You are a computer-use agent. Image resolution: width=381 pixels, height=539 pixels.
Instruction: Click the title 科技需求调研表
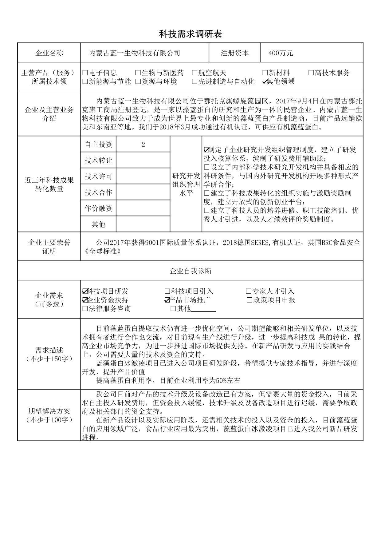click(190, 34)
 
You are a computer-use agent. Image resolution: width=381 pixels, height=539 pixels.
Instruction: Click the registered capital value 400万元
click(281, 53)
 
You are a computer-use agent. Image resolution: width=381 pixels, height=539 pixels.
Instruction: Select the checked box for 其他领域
click(265, 81)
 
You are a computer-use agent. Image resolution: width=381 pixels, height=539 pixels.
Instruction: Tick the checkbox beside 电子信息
click(85, 73)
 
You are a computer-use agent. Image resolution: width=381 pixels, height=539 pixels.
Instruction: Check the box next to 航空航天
click(194, 73)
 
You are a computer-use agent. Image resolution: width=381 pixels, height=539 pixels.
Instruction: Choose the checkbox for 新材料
click(265, 73)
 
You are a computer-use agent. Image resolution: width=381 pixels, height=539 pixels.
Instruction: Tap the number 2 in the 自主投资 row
click(143, 145)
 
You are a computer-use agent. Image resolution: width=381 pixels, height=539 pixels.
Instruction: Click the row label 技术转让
click(98, 161)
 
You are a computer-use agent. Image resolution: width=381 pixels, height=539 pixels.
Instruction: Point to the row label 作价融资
click(98, 208)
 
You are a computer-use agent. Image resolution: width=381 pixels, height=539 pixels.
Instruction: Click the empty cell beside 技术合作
click(143, 192)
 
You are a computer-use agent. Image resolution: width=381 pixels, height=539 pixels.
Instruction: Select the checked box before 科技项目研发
click(85, 291)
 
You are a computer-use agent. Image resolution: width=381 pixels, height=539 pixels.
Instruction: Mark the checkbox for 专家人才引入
click(249, 291)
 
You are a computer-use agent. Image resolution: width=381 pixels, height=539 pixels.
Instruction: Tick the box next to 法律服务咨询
click(85, 309)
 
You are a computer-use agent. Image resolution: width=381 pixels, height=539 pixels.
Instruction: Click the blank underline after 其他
click(203, 309)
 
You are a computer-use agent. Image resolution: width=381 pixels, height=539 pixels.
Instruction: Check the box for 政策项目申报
click(249, 300)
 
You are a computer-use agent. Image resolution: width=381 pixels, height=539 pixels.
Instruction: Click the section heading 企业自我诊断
click(190, 271)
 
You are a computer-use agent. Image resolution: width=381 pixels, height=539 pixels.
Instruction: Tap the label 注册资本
click(235, 53)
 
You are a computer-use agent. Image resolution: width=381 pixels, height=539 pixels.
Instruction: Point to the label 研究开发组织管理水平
click(186, 184)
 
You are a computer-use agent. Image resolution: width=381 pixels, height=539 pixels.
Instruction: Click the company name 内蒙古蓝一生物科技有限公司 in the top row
click(135, 53)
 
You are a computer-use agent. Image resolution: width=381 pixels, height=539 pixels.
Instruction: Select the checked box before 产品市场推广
click(167, 300)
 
